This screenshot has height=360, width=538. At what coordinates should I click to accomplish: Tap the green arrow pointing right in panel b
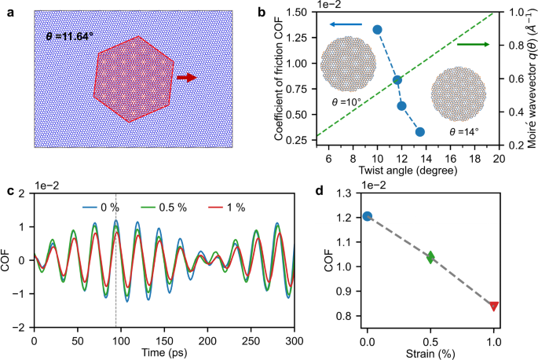(472, 45)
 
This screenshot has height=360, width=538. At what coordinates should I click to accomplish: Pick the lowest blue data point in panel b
(420, 132)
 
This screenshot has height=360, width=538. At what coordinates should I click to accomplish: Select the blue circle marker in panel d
(367, 216)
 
